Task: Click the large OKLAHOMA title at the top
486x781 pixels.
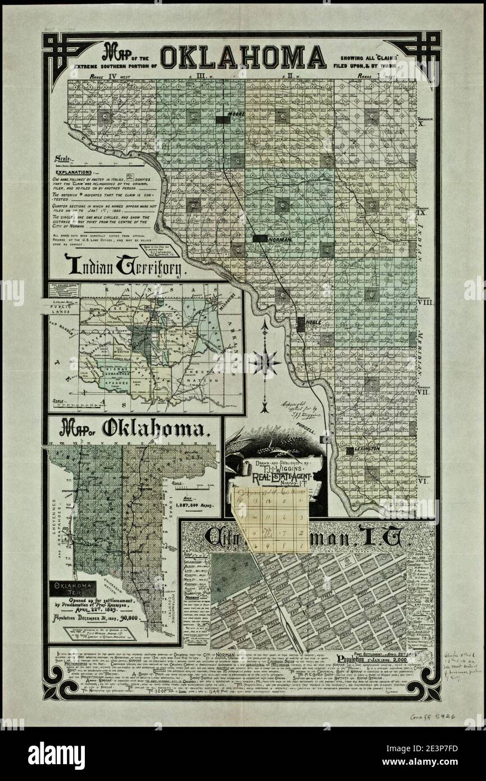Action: (x=243, y=57)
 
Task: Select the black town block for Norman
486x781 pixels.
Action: (x=260, y=238)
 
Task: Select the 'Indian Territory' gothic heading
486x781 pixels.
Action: (x=125, y=264)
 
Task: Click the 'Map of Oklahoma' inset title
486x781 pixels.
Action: (x=133, y=430)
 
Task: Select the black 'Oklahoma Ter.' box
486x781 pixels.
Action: (x=72, y=589)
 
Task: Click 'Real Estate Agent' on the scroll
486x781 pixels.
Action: (x=277, y=477)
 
